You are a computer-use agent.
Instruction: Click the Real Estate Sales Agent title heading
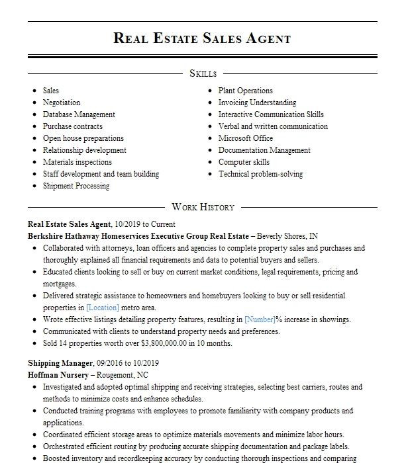[202, 38]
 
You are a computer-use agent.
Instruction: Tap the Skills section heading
[203, 73]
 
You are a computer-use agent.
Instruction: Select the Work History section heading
[203, 207]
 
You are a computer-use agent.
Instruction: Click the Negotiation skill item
[62, 103]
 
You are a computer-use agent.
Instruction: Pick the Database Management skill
[79, 114]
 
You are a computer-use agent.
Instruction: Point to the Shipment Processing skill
[76, 186]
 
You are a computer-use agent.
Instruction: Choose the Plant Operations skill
[246, 91]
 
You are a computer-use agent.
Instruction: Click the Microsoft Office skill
[246, 138]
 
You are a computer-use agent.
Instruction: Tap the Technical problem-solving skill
[260, 174]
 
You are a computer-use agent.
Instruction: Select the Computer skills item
[244, 162]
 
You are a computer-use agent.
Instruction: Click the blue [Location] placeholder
[103, 308]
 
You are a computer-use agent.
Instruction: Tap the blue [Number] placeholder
[260, 319]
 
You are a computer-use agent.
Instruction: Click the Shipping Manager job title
[60, 363]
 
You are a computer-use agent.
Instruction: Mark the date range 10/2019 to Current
[145, 224]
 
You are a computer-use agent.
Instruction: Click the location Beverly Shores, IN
[287, 236]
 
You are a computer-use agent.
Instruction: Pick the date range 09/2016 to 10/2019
[128, 363]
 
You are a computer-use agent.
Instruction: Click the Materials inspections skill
[77, 162]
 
